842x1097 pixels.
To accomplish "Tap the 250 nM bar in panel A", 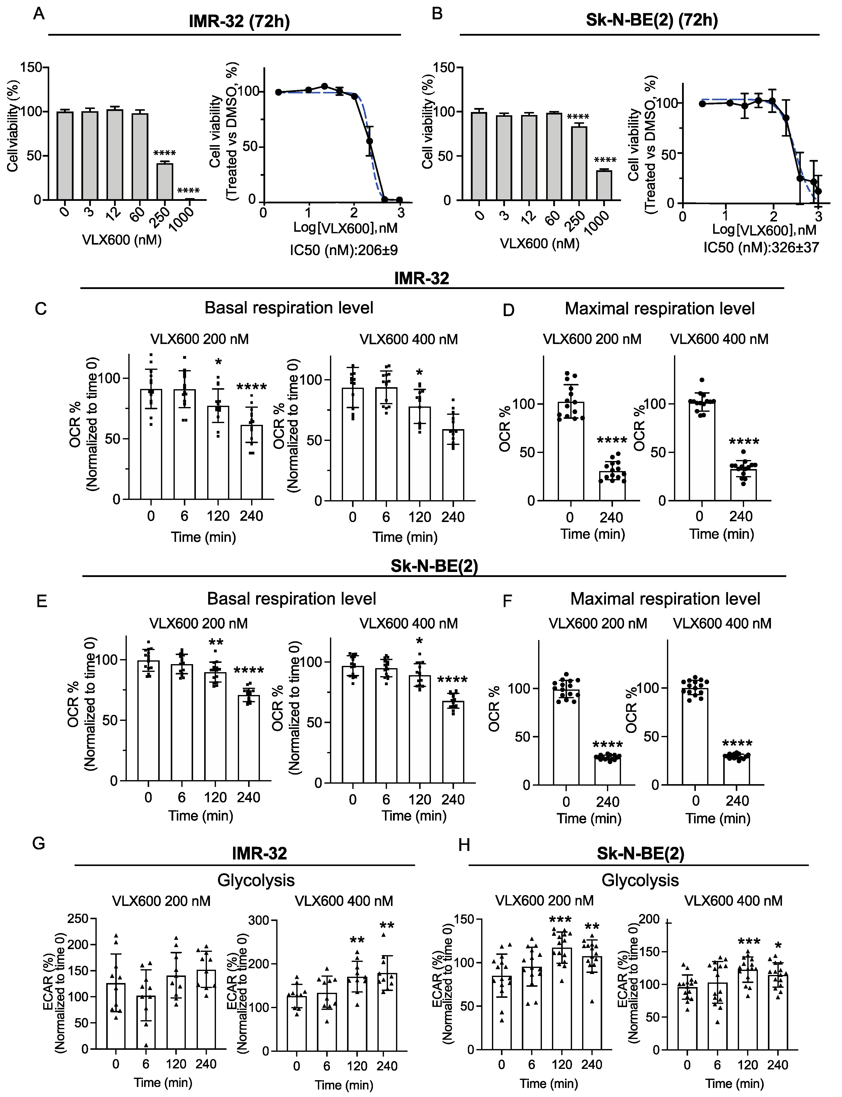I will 164,182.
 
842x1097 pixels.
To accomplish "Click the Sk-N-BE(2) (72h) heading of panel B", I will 652,20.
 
